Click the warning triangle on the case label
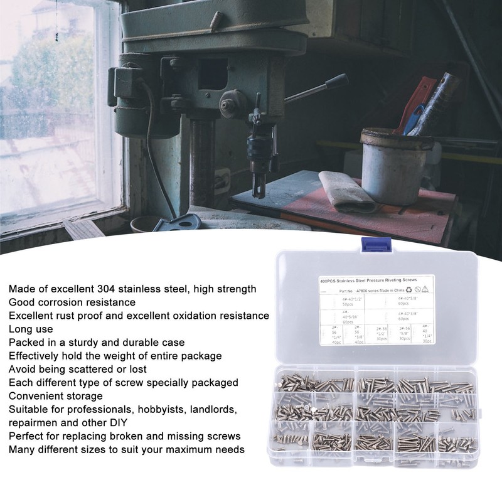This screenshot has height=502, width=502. tap(425, 289)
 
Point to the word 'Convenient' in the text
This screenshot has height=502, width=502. tap(35, 395)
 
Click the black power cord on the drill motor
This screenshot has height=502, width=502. tap(152, 144)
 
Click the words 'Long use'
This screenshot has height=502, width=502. tap(31, 329)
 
